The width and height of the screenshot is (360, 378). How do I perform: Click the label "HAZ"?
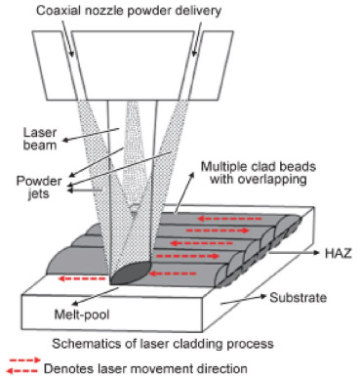pyautogui.click(x=339, y=253)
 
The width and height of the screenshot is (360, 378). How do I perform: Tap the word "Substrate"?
pyautogui.click(x=298, y=298)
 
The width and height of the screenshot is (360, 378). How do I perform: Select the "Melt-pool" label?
pyautogui.click(x=82, y=315)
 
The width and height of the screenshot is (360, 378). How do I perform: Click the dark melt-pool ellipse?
pyautogui.click(x=131, y=273)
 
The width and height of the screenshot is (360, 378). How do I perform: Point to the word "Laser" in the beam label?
pyautogui.click(x=40, y=133)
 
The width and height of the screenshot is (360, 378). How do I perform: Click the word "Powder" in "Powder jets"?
pyautogui.click(x=39, y=181)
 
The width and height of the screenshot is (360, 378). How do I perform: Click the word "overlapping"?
pyautogui.click(x=272, y=180)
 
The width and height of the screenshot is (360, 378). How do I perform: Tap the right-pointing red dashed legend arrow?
pyautogui.click(x=25, y=360)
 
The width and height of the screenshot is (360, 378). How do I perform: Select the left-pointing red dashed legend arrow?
pyautogui.click(x=21, y=371)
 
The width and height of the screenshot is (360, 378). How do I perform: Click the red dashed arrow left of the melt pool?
pyautogui.click(x=82, y=278)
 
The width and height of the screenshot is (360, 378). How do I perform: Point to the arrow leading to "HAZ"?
pyautogui.click(x=295, y=253)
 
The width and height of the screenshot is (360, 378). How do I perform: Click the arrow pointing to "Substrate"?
pyautogui.click(x=244, y=300)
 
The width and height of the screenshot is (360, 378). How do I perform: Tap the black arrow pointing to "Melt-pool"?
pyautogui.click(x=93, y=296)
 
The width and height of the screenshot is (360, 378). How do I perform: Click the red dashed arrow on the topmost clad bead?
pyautogui.click(x=229, y=219)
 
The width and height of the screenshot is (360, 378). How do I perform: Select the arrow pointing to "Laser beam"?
pyautogui.click(x=91, y=135)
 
